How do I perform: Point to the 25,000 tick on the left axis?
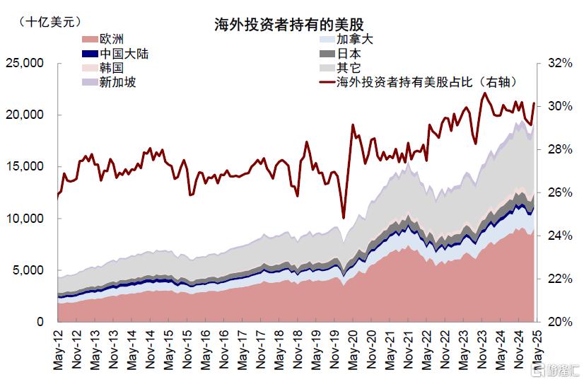point(25,63)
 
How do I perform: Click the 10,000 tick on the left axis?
point(25,219)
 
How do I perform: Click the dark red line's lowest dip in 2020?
point(344,219)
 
